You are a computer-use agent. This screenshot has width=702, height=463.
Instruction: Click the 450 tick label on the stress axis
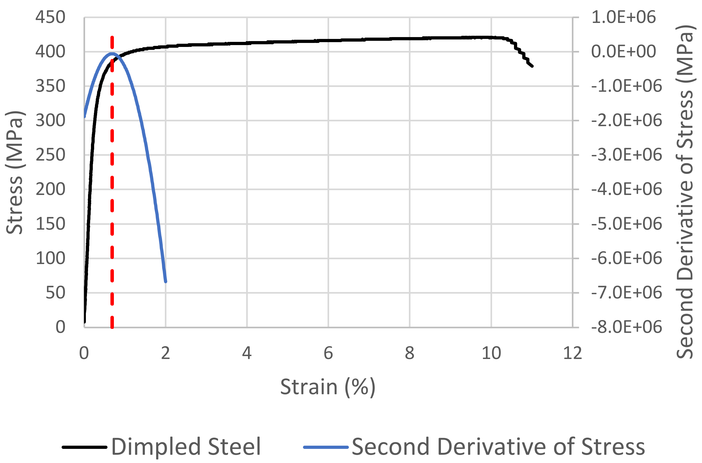pyautogui.click(x=50, y=17)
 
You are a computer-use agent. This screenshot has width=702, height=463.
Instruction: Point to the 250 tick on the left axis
pyautogui.click(x=50, y=155)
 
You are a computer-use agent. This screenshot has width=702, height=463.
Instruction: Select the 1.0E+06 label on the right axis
pyautogui.click(x=623, y=17)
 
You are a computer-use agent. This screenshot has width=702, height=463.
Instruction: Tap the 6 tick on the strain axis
pyautogui.click(x=328, y=353)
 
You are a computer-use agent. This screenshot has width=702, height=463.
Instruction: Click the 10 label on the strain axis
pyautogui.click(x=491, y=353)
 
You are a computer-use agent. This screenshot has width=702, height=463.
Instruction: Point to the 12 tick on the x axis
pyautogui.click(x=572, y=353)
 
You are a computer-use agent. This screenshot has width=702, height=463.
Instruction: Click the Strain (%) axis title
pyautogui.click(x=328, y=387)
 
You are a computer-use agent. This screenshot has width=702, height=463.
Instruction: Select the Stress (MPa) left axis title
pyautogui.click(x=14, y=173)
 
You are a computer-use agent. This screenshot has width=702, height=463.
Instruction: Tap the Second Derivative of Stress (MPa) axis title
pyautogui.click(x=684, y=192)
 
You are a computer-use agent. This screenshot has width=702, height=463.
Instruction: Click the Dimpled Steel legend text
pyautogui.click(x=186, y=447)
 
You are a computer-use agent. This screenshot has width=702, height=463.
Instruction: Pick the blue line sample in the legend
pyautogui.click(x=326, y=447)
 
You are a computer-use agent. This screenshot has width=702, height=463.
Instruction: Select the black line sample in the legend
pyautogui.click(x=85, y=447)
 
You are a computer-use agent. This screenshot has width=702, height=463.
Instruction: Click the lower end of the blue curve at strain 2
pyautogui.click(x=166, y=281)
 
